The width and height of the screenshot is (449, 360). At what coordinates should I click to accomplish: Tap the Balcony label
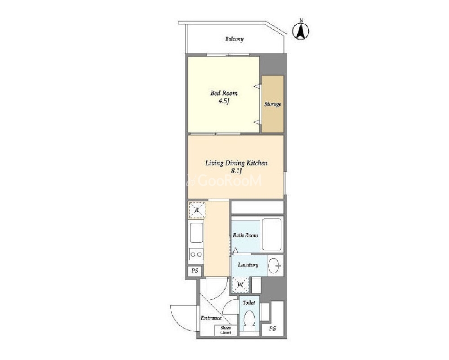(234, 39)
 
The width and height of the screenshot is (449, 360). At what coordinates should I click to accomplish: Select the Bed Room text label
(224, 93)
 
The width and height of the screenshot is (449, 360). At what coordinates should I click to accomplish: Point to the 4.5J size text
(224, 101)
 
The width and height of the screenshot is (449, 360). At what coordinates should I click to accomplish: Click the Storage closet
(273, 104)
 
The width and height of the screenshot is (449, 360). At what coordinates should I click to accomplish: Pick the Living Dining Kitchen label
(236, 163)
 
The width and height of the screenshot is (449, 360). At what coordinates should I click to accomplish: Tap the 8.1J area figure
(236, 171)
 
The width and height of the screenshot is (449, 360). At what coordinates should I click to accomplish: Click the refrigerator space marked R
(197, 210)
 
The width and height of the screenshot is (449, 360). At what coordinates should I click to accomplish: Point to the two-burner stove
(196, 254)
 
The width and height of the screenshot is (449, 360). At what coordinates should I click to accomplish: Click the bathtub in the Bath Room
(271, 234)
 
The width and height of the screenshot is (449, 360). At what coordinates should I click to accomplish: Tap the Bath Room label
(245, 236)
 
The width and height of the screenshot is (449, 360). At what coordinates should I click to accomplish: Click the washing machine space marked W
(240, 284)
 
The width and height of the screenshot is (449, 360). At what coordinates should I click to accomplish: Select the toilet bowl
(249, 320)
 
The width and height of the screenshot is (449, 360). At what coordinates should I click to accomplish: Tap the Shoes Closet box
(226, 330)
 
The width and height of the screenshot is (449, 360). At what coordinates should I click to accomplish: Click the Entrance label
(211, 318)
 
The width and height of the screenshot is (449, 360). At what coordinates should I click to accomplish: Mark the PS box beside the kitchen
(195, 271)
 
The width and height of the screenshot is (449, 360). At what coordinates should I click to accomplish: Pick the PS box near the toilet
(273, 329)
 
